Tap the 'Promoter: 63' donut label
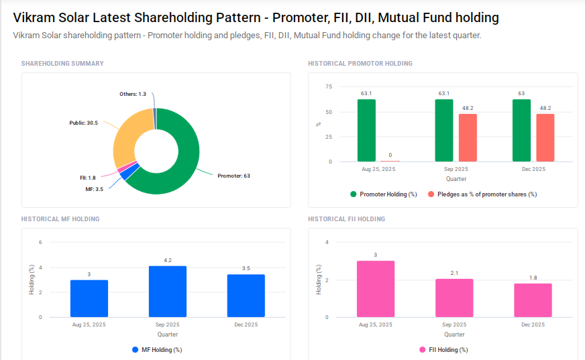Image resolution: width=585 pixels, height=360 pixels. click(x=233, y=176)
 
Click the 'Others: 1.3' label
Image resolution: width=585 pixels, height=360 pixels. click(x=133, y=94)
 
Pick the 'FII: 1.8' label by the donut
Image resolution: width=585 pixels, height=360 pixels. click(x=87, y=178)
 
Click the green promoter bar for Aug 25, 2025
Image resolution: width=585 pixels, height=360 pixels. click(x=366, y=131)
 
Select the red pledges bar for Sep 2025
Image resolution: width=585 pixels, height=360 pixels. click(x=468, y=138)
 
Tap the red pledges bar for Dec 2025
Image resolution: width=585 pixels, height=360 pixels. click(x=545, y=138)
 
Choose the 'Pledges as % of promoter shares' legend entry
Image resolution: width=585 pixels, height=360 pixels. click(x=486, y=194)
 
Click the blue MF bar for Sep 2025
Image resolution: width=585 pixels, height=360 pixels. click(x=168, y=292)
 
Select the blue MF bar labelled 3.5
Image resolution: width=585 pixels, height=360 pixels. click(x=246, y=296)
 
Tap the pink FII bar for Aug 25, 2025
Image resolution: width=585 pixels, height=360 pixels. click(x=376, y=289)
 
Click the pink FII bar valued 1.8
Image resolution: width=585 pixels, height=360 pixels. click(x=533, y=300)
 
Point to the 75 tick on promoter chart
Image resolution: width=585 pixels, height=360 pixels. click(x=328, y=86)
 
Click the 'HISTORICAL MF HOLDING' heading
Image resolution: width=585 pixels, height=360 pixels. click(x=60, y=219)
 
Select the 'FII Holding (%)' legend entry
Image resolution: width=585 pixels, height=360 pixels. click(x=447, y=350)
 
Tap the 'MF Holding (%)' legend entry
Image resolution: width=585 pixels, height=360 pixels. click(x=161, y=350)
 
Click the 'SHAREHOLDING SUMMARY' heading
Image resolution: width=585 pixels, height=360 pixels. click(x=62, y=64)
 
